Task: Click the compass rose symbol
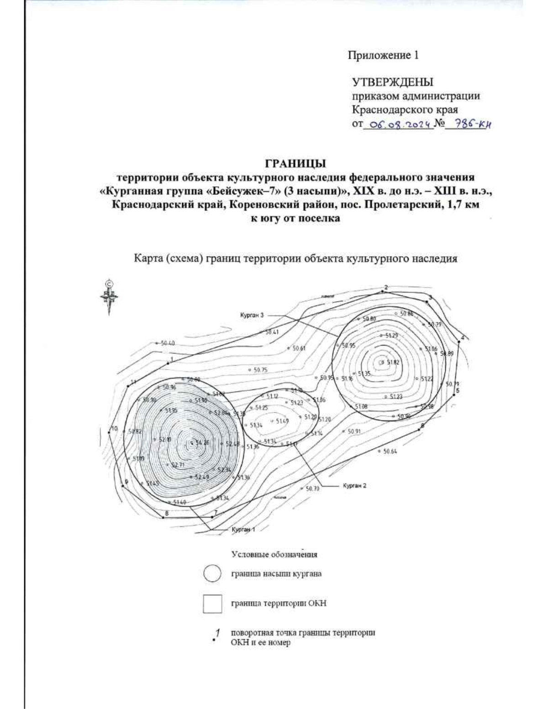[110, 298]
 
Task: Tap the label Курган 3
[252, 315]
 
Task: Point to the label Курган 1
[243, 530]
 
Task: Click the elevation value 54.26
[202, 443]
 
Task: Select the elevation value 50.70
[312, 488]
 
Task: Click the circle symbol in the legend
[212, 574]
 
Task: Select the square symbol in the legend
[212, 604]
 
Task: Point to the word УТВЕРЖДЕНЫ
[392, 82]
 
